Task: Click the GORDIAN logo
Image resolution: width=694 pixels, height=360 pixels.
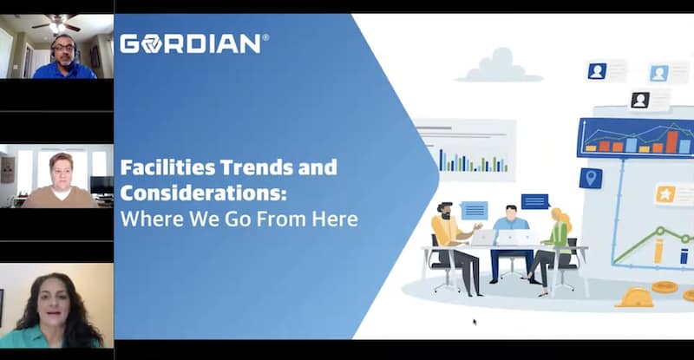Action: pyautogui.click(x=193, y=44)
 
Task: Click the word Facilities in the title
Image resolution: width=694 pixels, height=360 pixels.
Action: pyautogui.click(x=167, y=167)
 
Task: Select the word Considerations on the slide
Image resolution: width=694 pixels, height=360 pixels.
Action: pyautogui.click(x=203, y=193)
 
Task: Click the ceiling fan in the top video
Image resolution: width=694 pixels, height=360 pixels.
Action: pyautogui.click(x=56, y=23)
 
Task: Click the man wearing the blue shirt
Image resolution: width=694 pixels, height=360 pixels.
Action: pyautogui.click(x=64, y=56)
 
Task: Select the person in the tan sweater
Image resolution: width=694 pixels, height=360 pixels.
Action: pyautogui.click(x=61, y=181)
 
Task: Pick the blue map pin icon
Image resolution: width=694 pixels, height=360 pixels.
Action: pyautogui.click(x=591, y=178)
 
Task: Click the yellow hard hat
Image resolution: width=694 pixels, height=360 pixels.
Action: pyautogui.click(x=635, y=298)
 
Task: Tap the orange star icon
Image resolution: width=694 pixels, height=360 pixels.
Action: pyautogui.click(x=665, y=194)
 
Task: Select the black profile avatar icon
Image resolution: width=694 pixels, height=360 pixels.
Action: pyautogui.click(x=640, y=100)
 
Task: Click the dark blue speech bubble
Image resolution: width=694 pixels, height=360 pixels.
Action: pyautogui.click(x=535, y=201)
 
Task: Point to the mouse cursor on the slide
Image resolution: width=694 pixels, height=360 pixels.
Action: pyautogui.click(x=475, y=322)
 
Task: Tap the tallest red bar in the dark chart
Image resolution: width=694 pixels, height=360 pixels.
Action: pyautogui.click(x=671, y=142)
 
